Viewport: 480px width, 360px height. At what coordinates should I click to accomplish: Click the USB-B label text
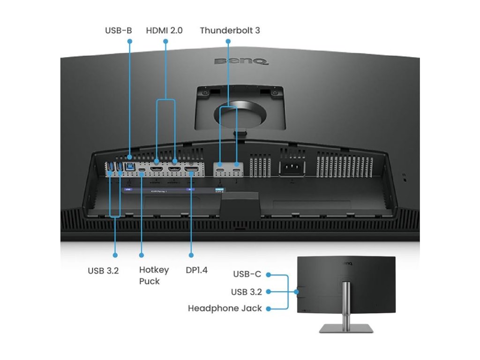[x=118, y=30]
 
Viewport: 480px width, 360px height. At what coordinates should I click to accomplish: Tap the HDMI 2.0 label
[x=164, y=30]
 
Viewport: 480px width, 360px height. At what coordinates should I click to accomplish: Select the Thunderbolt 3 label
[x=230, y=30]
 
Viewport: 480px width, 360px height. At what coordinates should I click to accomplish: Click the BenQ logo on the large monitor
[x=241, y=61]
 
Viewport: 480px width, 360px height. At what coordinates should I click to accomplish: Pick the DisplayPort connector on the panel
[x=191, y=167]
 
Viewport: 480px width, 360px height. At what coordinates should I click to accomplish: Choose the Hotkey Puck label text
[x=154, y=275]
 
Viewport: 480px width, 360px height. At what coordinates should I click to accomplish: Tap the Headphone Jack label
[x=225, y=308]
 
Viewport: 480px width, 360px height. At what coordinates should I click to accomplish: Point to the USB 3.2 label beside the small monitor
[x=246, y=292]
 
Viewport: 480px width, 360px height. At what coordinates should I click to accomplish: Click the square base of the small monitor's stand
[x=346, y=328]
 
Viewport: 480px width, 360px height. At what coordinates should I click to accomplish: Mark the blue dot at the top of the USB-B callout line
[x=130, y=41]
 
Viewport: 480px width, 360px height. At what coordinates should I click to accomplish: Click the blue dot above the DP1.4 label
[x=191, y=255]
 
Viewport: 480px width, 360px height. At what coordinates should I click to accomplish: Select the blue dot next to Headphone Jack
[x=268, y=308]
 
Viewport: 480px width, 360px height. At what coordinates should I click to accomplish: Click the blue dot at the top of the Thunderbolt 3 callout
[x=228, y=41]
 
